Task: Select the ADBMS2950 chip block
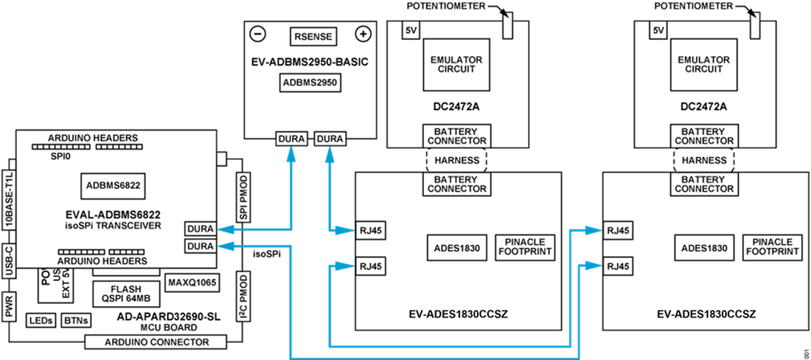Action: (x=310, y=83)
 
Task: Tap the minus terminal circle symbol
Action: (x=258, y=34)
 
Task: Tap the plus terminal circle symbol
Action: (x=363, y=34)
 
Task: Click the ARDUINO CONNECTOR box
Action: (x=156, y=342)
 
